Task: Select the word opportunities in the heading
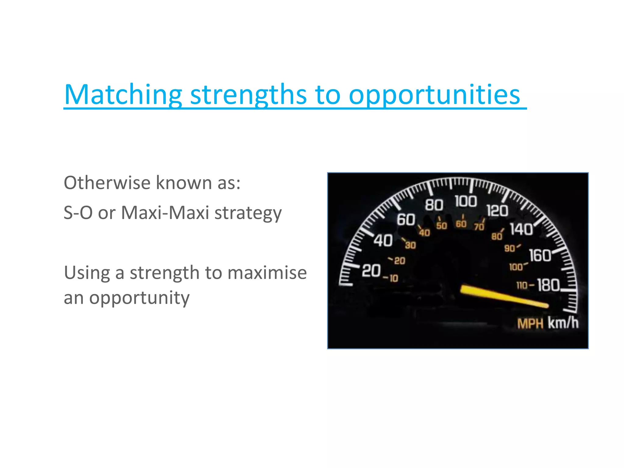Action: pos(434,95)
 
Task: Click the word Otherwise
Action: pos(107,183)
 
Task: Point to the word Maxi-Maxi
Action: pos(165,212)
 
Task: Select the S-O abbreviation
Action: pos(78,212)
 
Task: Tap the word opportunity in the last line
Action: pos(139,298)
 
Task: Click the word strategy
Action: pos(248,213)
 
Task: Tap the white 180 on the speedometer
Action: pos(548,285)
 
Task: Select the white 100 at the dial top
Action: pos(466,201)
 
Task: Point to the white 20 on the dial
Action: pos(371,271)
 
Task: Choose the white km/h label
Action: pos(563,323)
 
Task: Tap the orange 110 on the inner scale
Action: pos(522,285)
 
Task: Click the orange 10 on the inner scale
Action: pos(394,278)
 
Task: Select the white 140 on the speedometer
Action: pos(521,229)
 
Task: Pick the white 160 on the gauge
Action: pos(540,255)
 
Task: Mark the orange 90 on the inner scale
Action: pos(509,248)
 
